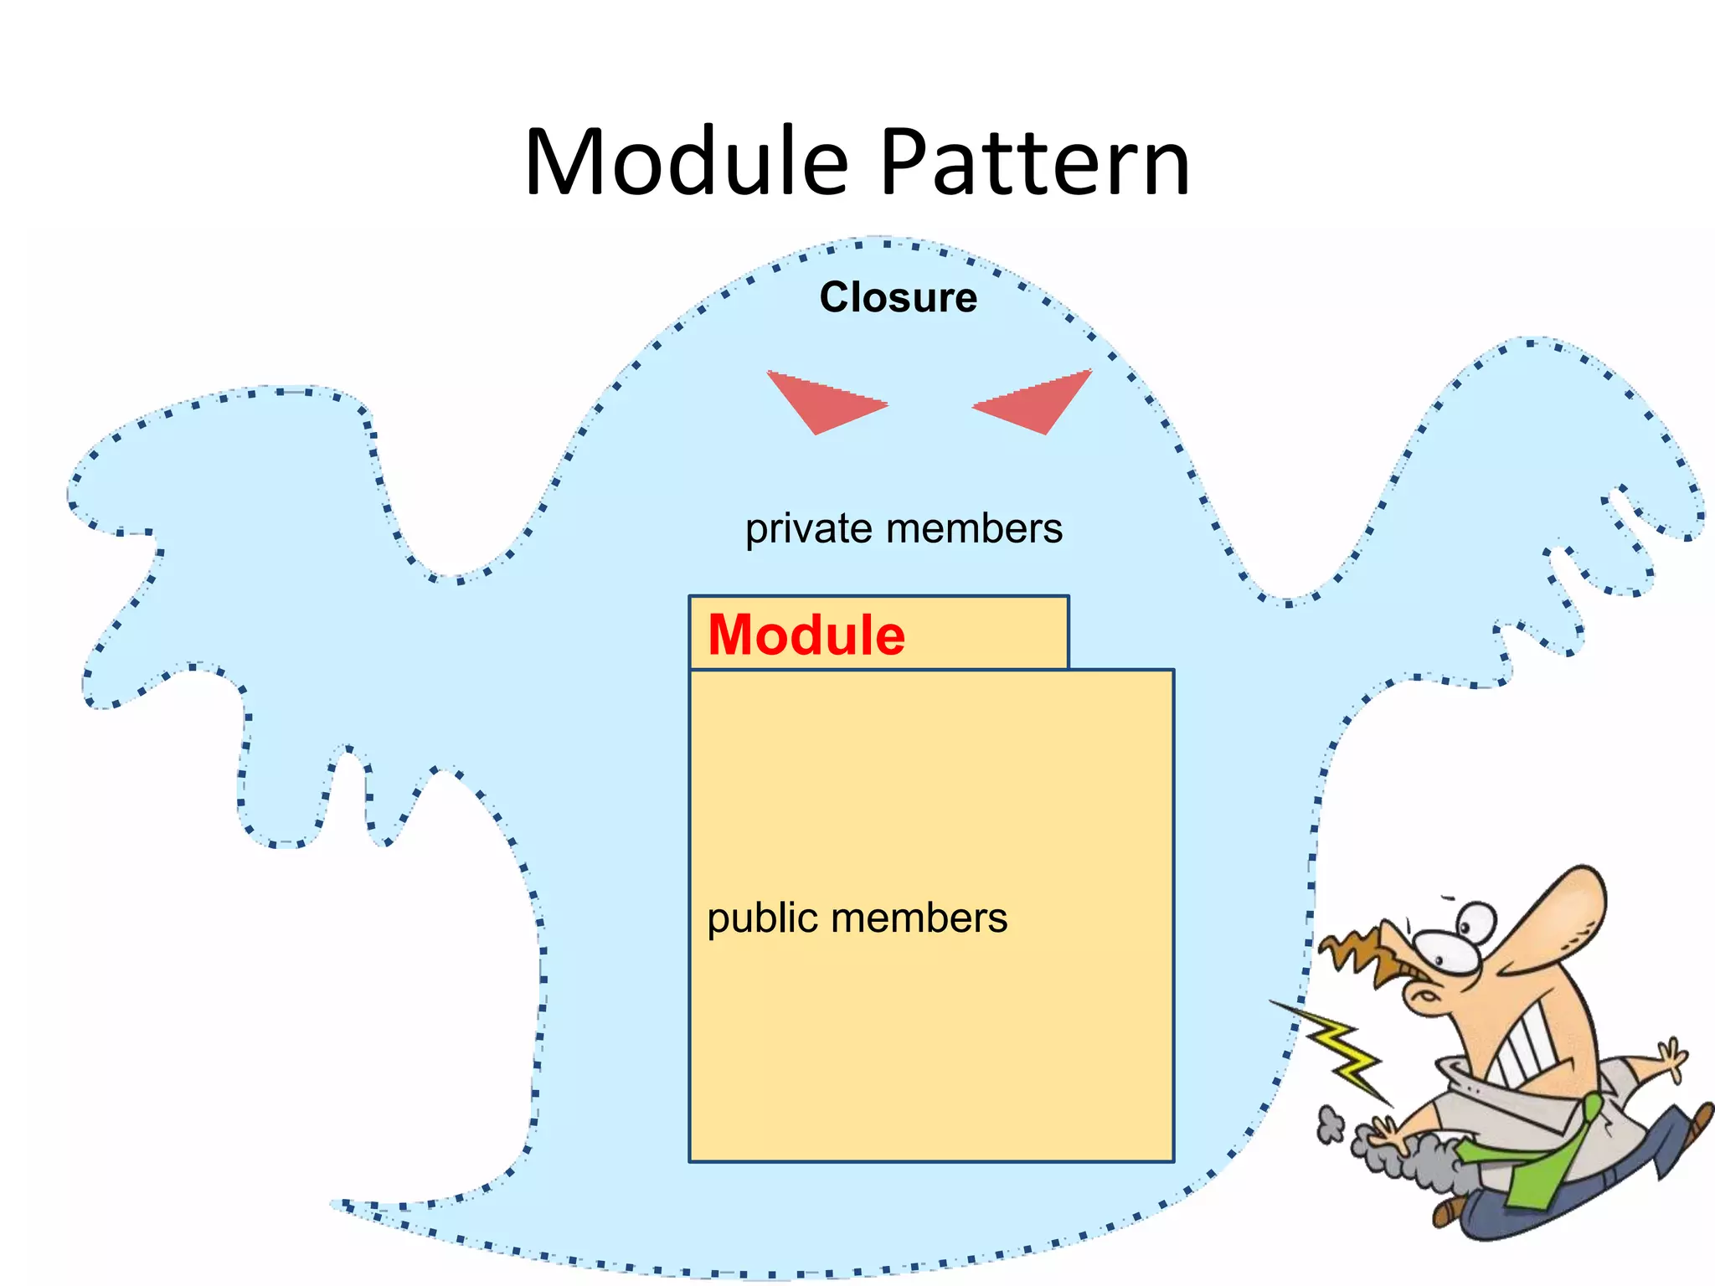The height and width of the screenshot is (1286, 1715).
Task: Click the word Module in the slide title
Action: coord(687,162)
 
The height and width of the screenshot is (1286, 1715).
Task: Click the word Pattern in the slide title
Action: coord(1035,162)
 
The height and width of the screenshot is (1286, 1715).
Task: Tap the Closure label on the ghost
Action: coord(898,298)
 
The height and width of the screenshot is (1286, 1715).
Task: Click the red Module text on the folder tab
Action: coord(806,635)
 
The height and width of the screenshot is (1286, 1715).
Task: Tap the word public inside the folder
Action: coord(762,919)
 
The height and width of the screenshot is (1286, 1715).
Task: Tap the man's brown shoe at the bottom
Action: coord(1449,1211)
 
